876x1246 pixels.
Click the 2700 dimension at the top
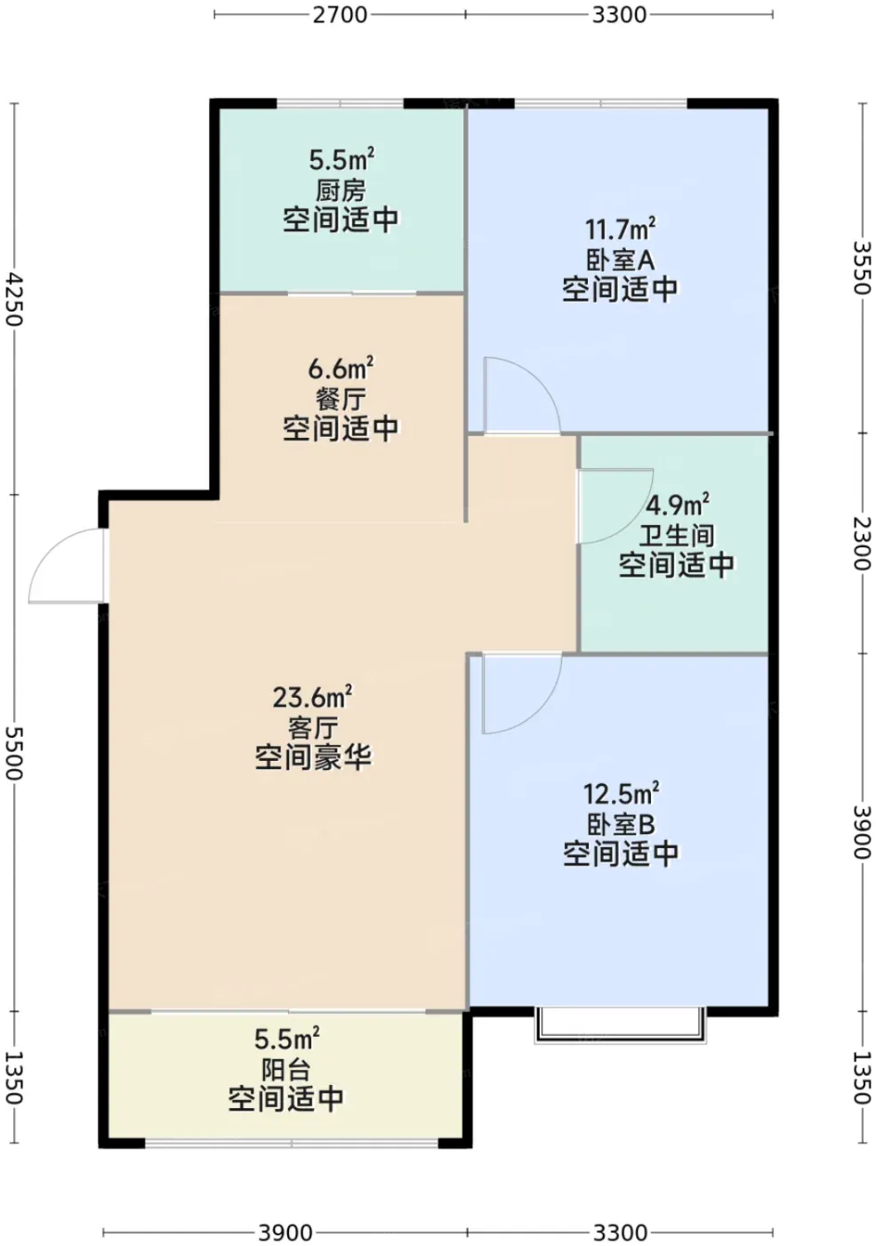pos(340,15)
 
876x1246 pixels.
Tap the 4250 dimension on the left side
pos(14,299)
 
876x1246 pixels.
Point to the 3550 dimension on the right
pos(862,268)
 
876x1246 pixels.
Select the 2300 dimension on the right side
pos(862,543)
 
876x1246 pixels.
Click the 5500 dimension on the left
pos(14,753)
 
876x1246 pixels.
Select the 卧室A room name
pos(621,259)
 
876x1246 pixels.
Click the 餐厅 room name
pos(341,399)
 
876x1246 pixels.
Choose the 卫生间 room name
pos(677,536)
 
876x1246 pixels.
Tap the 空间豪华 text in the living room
pos(313,757)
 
